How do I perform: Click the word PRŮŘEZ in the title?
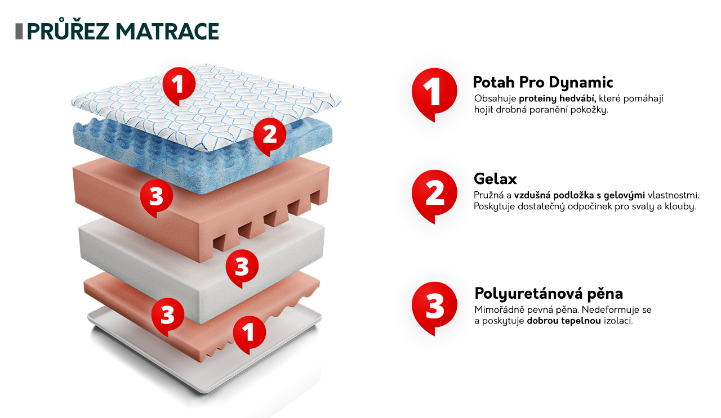68,31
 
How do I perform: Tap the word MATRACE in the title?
167,32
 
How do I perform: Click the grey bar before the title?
19,32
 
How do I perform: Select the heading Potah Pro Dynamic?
542,82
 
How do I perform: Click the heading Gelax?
495,179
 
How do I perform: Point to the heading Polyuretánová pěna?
549,294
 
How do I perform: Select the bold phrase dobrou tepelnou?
564,321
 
